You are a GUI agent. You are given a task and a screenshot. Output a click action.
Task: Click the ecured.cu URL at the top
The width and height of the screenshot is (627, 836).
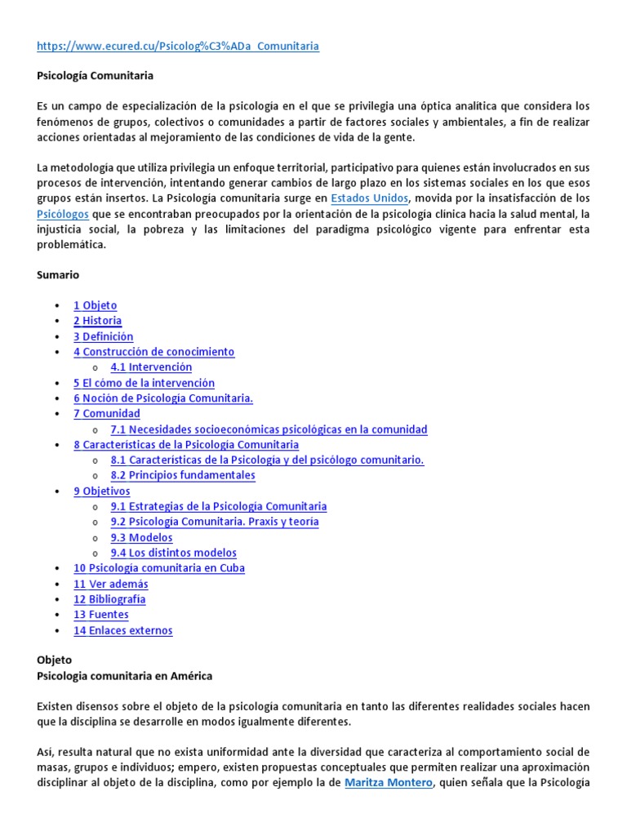pos(178,46)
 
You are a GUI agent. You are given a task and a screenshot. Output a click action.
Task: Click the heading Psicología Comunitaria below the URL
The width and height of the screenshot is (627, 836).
pos(95,76)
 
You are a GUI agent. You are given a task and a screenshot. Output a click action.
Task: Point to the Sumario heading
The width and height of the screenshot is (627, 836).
pos(58,275)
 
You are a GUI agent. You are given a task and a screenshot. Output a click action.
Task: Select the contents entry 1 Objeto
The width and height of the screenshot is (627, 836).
pos(95,305)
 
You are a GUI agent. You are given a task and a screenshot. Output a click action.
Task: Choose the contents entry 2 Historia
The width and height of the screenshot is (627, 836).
pos(97,321)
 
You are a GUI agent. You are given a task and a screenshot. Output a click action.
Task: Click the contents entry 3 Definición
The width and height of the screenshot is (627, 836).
pos(103,336)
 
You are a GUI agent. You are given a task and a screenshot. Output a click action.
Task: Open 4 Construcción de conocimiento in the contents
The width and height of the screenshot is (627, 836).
pos(153,352)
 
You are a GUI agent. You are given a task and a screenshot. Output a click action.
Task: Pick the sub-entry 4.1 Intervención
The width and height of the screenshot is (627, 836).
pos(151,367)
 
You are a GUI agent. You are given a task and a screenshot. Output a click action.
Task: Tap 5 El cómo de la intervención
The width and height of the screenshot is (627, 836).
pos(144,383)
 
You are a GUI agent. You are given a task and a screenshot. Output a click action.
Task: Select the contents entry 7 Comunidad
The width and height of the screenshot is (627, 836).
pos(106,414)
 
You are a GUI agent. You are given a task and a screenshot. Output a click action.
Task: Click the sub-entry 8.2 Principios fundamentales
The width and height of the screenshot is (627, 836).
pos(183,475)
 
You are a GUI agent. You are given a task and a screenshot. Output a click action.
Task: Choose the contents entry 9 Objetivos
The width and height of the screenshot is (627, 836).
pos(101,491)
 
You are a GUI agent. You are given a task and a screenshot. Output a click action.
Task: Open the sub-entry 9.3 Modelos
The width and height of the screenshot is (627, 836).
pos(141,538)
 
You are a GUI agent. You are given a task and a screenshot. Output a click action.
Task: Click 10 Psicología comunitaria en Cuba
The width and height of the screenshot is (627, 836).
pos(158,568)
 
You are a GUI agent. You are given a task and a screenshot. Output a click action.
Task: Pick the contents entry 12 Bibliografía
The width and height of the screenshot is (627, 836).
pos(109,599)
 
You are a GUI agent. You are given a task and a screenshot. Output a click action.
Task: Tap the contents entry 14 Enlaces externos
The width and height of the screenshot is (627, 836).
pos(122,630)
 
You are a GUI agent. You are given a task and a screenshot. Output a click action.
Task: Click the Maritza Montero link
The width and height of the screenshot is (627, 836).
pos(388,783)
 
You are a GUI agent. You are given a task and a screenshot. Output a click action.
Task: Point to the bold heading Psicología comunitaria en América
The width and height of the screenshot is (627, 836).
pos(125,675)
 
